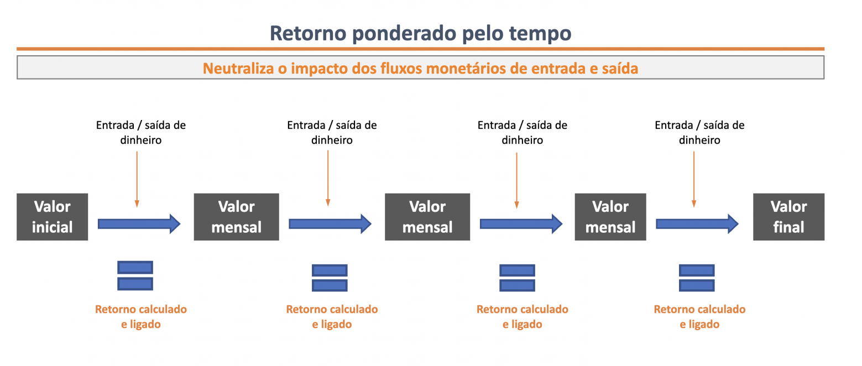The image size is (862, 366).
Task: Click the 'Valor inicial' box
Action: tap(53, 217)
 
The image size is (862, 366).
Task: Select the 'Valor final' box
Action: tap(788, 217)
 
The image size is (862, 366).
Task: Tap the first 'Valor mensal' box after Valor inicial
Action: tap(236, 217)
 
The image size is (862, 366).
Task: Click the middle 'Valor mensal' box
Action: tap(427, 217)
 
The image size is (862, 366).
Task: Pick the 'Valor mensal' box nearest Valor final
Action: tap(610, 217)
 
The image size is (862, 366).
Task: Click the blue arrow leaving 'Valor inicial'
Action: tap(139, 224)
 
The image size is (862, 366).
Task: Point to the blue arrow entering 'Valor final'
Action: tap(697, 224)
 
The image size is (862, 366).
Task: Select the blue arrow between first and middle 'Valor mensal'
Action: tap(330, 224)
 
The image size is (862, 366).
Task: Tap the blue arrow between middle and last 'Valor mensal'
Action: tap(521, 224)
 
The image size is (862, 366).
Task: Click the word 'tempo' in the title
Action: tap(540, 33)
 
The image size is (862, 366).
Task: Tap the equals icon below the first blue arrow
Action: tap(135, 275)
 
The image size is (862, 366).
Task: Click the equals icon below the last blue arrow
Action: tap(697, 278)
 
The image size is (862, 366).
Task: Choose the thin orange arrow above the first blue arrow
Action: tap(137, 179)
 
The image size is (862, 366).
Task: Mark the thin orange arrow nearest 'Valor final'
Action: tap(694, 179)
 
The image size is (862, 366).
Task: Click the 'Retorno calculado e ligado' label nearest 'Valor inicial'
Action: tap(141, 317)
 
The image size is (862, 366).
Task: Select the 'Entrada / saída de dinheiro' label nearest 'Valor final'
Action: tap(699, 132)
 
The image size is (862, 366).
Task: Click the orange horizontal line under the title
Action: tap(421, 49)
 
